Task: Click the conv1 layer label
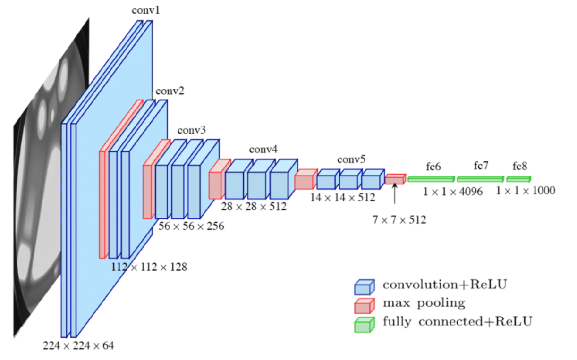pos(145,10)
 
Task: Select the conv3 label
pos(191,130)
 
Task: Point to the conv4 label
pos(263,150)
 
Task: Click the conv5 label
pos(351,159)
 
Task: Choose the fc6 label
pos(433,167)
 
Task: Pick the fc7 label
pos(481,166)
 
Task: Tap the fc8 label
pos(520,166)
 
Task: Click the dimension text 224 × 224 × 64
pos(78,346)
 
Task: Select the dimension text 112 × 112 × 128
pos(149,268)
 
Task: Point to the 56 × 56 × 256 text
pos(191,226)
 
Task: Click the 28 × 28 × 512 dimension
pos(254,206)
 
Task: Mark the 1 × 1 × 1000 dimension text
pos(525,191)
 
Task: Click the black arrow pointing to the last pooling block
pos(395,194)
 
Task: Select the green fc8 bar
pos(518,179)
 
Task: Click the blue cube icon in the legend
pos(364,286)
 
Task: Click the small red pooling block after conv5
pos(395,179)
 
